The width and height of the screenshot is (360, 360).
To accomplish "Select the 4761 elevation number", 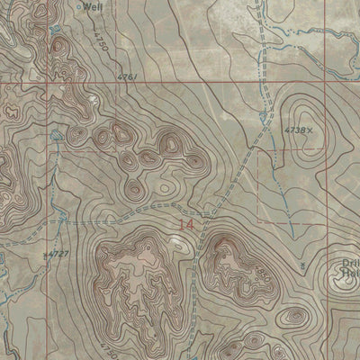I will point(126,78).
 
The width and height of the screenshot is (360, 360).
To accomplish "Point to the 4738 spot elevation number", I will point(297,130).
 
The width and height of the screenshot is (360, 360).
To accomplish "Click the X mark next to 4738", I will point(311,130).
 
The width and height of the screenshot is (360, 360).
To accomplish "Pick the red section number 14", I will point(186,224).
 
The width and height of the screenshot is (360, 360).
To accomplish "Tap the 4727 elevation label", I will point(59,255).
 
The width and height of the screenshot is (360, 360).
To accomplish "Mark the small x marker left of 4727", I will point(47,256).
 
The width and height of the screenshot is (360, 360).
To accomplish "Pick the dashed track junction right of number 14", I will point(208,215).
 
